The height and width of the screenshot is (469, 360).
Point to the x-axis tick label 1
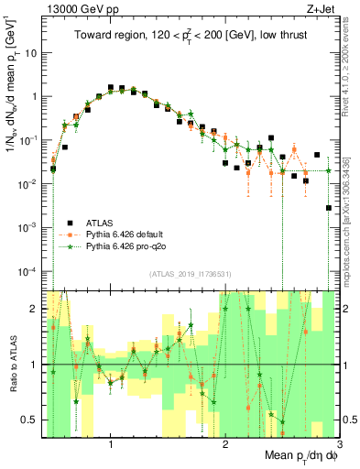(110, 442)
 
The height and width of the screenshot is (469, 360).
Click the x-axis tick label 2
(224, 442)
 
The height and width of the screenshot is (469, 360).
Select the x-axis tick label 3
(338, 442)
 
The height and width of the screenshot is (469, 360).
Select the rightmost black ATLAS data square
(328, 208)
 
